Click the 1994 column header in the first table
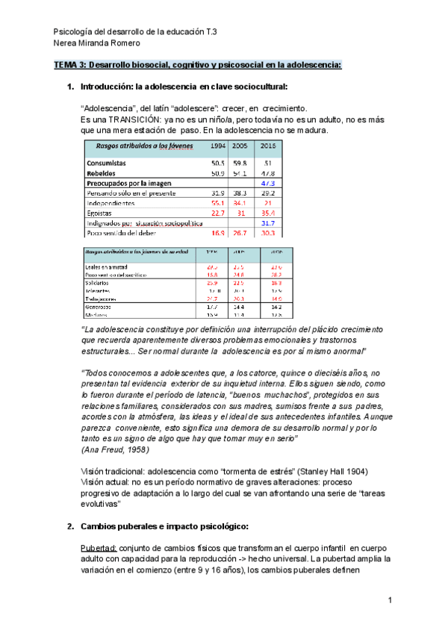tap(219, 146)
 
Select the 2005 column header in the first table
tap(240, 146)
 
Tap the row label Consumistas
tap(106, 162)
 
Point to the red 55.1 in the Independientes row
tap(219, 202)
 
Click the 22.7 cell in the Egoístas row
tap(218, 213)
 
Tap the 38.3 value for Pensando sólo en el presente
tap(240, 193)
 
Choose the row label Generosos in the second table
tap(99, 306)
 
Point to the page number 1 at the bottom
tap(390, 600)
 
